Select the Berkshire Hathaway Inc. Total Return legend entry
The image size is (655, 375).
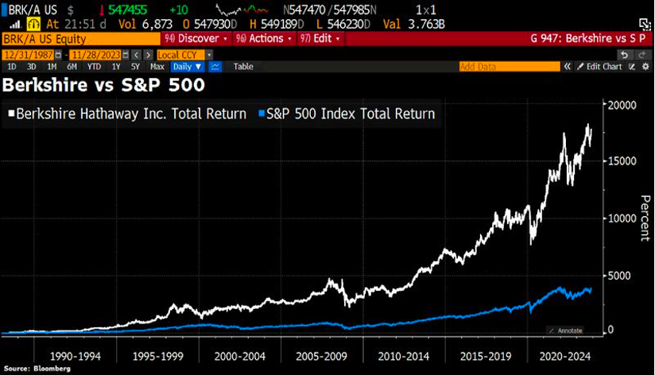127,114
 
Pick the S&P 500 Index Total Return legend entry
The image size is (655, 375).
347,114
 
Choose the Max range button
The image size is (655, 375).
157,67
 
